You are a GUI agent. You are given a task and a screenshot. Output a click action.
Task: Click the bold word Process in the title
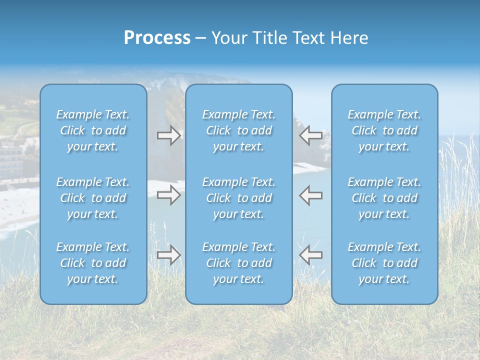[157, 38]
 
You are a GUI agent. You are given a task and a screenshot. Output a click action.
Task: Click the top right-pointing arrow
[168, 135]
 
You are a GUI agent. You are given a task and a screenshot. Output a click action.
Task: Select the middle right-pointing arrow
[168, 195]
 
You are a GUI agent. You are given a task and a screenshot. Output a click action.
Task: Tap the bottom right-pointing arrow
[168, 255]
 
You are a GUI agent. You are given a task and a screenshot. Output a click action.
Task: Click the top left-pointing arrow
[310, 135]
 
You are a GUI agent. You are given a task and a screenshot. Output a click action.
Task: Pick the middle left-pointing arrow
[310, 195]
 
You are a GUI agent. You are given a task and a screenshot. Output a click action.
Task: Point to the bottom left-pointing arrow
[310, 255]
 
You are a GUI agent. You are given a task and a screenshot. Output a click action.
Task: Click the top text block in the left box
[93, 130]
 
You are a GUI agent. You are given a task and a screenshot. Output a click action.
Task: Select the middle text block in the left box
[93, 198]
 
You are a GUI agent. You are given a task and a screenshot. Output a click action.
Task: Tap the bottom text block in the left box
[93, 263]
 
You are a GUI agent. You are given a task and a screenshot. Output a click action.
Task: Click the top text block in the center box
[239, 130]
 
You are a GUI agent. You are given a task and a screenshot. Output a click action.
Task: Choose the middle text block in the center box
[239, 198]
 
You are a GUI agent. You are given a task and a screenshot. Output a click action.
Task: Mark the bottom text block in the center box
[239, 263]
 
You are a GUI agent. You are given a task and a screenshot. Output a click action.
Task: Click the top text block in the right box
[384, 130]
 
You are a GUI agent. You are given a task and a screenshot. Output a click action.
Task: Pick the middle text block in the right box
[384, 198]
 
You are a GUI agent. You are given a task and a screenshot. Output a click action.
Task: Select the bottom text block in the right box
[384, 263]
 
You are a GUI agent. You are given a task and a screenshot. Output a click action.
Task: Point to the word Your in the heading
[228, 38]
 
